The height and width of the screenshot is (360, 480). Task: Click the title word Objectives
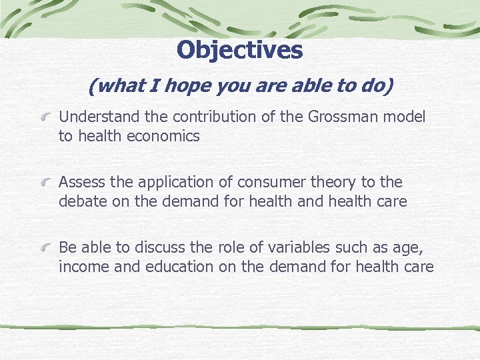pyautogui.click(x=240, y=49)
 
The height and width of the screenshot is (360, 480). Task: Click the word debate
pyautogui.click(x=83, y=201)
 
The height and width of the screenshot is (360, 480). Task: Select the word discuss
pyautogui.click(x=160, y=247)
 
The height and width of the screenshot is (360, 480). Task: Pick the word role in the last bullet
pyautogui.click(x=231, y=247)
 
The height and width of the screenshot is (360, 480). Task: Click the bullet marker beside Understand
pyautogui.click(x=46, y=117)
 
